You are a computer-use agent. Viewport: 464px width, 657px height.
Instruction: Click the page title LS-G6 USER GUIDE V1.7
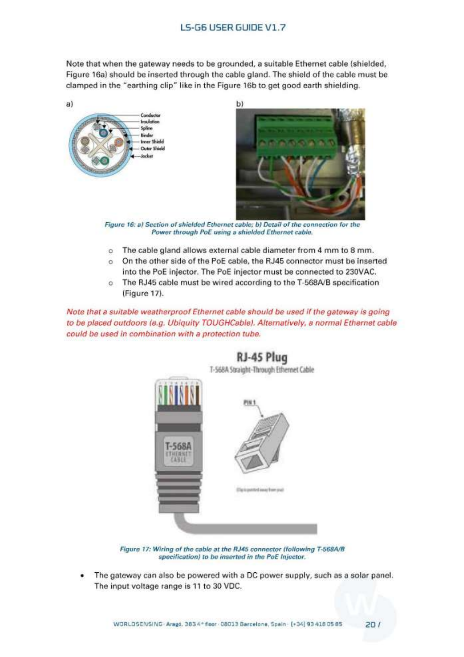[233, 28]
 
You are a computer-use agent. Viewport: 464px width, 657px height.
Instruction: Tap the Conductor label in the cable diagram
[150, 115]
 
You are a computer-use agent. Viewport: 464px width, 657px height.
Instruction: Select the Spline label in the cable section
[146, 128]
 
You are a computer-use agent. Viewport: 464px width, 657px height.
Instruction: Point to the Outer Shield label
[152, 149]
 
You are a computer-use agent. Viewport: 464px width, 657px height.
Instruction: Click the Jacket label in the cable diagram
[147, 156]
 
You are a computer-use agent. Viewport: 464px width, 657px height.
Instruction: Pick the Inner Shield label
[152, 142]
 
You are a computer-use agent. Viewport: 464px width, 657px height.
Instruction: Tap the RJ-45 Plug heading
[261, 358]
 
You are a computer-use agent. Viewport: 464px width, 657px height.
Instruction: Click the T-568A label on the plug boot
[178, 445]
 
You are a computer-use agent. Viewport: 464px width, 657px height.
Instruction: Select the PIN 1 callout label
[250, 402]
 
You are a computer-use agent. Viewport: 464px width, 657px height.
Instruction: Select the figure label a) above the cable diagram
[69, 104]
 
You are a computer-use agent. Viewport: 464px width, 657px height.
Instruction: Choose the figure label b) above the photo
[239, 104]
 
